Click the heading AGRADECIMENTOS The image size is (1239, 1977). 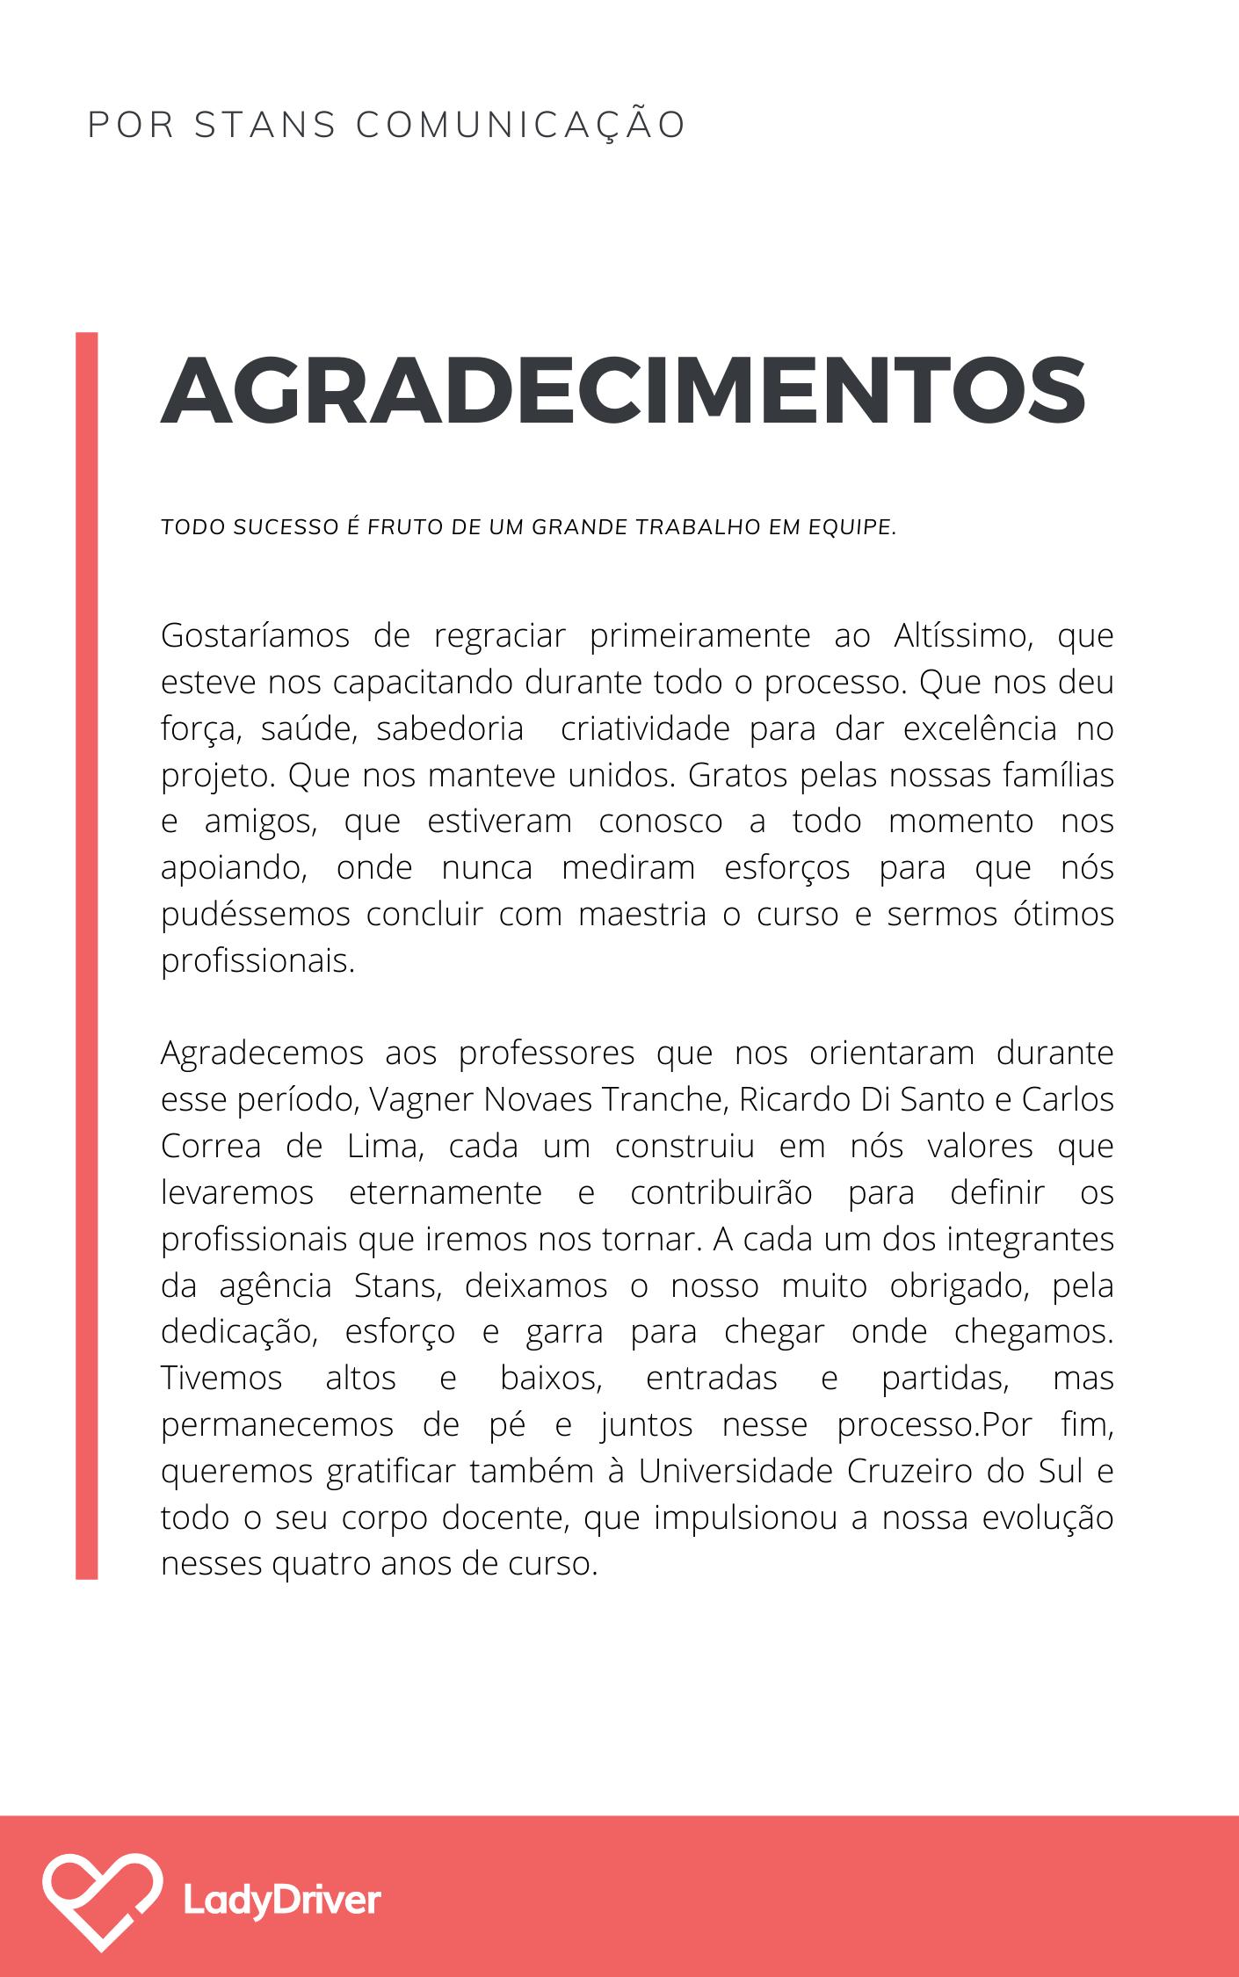623,390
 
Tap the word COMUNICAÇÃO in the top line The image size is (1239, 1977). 520,125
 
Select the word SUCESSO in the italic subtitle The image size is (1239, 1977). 276,527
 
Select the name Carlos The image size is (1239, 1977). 1067,1099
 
